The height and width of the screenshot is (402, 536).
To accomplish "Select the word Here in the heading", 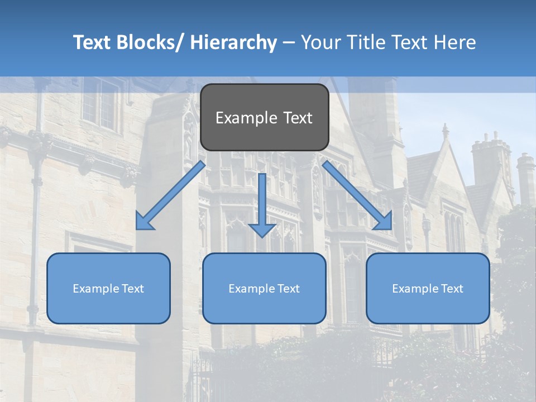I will click(454, 42).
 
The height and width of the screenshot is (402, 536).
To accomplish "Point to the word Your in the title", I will click(320, 42).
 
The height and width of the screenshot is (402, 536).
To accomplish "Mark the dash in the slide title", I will click(289, 42).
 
